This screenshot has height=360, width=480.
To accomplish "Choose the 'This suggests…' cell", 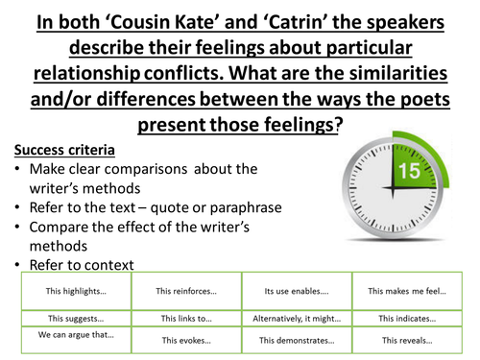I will pyautogui.click(x=73, y=318).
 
